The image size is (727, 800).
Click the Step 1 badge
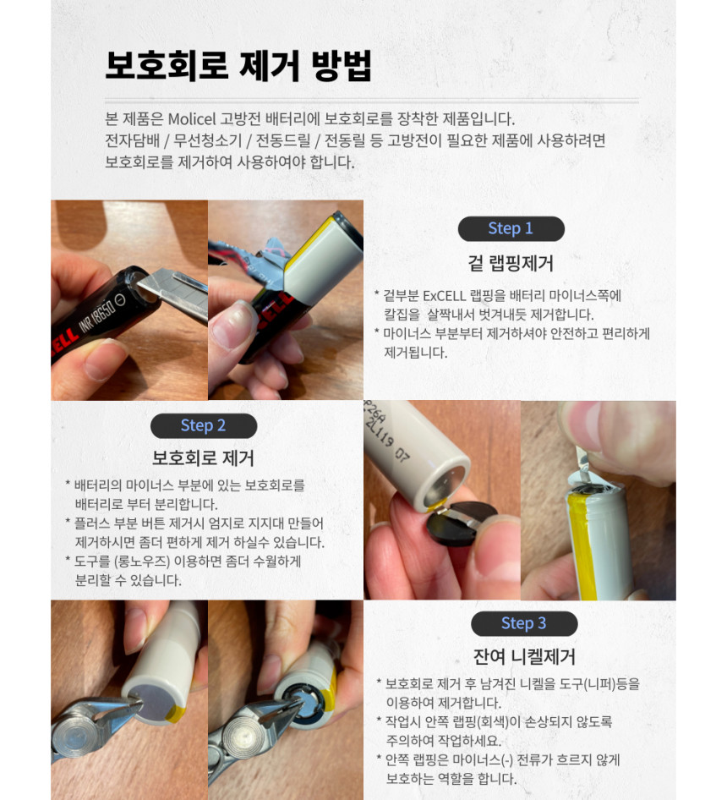tap(511, 228)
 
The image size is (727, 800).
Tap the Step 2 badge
tap(204, 425)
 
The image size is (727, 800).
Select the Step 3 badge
tap(524, 623)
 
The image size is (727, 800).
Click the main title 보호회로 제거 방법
tap(238, 66)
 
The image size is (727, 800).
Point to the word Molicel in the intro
tap(192, 119)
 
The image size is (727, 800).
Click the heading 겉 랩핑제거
tap(511, 263)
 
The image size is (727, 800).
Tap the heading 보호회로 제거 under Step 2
tap(203, 458)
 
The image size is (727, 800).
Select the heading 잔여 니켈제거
tap(524, 656)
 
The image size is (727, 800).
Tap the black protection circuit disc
tap(462, 525)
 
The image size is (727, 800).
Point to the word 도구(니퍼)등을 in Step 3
tap(599, 683)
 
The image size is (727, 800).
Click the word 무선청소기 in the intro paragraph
tap(208, 141)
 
